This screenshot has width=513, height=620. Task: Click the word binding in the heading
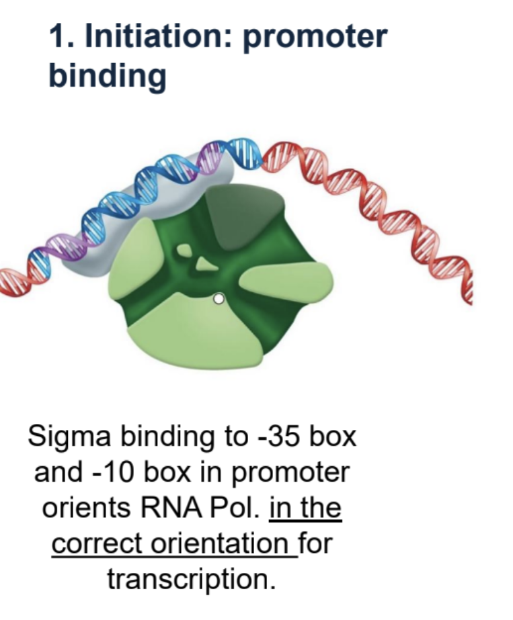[107, 76]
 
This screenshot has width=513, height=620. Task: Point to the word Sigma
[69, 437]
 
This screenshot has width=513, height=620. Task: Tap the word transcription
[192, 578]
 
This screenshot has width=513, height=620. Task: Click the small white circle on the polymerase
[218, 300]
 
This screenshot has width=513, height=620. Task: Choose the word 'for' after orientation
[316, 543]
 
